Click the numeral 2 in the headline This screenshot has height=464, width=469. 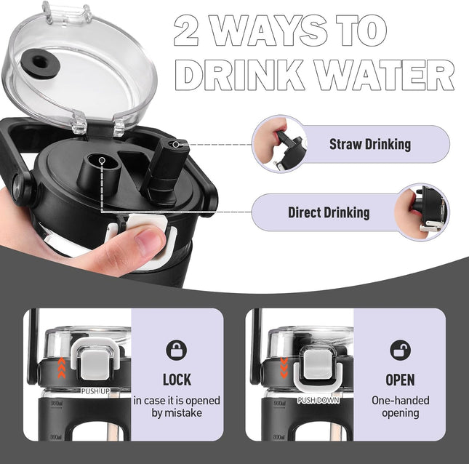(x=186, y=31)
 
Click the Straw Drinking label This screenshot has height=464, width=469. (x=370, y=144)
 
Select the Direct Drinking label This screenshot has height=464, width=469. (x=329, y=212)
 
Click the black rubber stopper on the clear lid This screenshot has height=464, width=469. (x=41, y=64)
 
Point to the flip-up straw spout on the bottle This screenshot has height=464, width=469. (x=164, y=167)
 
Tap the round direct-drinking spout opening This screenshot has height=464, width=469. (x=103, y=161)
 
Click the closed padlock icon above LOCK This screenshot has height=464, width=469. (x=177, y=350)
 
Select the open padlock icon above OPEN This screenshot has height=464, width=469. (x=400, y=350)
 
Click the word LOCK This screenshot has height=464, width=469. (x=177, y=380)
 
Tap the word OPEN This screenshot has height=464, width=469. (x=400, y=380)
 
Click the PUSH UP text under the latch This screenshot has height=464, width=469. (x=95, y=391)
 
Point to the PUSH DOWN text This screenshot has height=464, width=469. (x=318, y=400)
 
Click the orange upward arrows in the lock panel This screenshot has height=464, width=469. (x=61, y=367)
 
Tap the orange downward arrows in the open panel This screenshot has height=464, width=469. (x=284, y=367)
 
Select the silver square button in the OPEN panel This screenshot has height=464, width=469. (x=318, y=364)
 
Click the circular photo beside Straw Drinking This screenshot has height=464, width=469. (x=279, y=144)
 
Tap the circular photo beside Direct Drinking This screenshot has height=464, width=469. (x=422, y=212)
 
